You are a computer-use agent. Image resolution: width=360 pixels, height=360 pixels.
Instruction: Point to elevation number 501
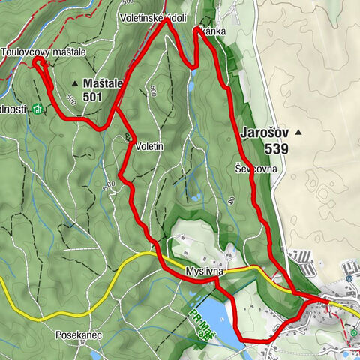pyautogui.click(x=93, y=96)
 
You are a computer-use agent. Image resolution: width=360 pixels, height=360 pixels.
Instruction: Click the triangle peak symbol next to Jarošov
pyautogui.click(x=298, y=133)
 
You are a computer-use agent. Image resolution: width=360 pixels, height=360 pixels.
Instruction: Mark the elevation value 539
pyautogui.click(x=276, y=148)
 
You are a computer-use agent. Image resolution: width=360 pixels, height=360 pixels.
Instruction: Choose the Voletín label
pyautogui.click(x=149, y=146)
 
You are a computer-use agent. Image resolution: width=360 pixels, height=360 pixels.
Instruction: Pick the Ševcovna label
pyautogui.click(x=256, y=169)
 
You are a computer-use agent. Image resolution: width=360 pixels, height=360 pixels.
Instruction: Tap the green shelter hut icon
pyautogui.click(x=37, y=109)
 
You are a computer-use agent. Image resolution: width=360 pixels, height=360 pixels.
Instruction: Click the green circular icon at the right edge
pyautogui.click(x=355, y=332)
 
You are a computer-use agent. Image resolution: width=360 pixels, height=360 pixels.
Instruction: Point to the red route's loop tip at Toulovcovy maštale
pyautogui.click(x=36, y=61)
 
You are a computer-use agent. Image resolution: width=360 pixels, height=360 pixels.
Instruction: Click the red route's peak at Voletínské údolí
pyautogui.click(x=166, y=21)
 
